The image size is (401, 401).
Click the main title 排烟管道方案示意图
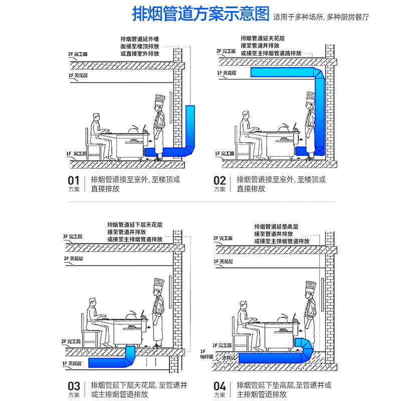tap(200, 14)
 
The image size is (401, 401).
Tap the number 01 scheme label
tap(74, 180)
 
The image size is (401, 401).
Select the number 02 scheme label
tap(220, 180)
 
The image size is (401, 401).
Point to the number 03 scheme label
tap(74, 386)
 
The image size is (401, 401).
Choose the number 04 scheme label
tap(220, 386)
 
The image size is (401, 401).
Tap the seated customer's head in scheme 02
tap(245, 116)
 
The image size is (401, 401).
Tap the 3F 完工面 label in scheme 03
tap(72, 237)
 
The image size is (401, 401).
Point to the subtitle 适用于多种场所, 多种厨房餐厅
tap(321, 17)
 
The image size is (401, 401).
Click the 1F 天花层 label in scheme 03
tap(72, 362)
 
